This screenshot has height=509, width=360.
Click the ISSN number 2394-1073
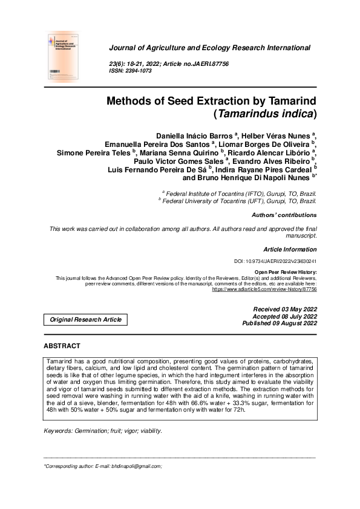coord(136,71)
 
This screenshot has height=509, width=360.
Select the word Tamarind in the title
coord(286,100)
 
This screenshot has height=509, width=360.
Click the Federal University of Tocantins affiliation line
coord(237,200)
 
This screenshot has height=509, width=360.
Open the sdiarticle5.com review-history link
coord(264,290)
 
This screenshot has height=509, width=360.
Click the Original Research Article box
coord(85,319)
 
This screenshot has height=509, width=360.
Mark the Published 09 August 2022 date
coord(279,324)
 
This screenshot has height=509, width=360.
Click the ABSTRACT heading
coord(62,346)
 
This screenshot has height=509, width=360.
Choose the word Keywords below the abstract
coord(57,430)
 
